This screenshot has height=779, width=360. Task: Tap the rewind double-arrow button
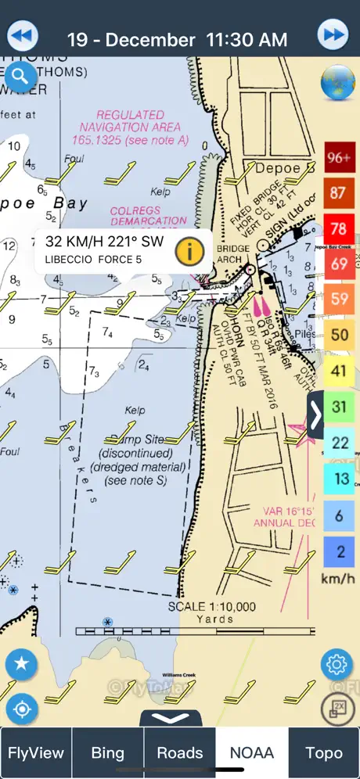point(23,36)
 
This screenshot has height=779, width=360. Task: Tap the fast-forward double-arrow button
point(333,35)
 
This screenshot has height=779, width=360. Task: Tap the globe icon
point(338,81)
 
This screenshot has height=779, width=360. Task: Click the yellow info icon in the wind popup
point(190,251)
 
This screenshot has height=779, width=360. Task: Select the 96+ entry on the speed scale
point(338,157)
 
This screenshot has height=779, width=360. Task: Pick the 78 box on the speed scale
point(338,228)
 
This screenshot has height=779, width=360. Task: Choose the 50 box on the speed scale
point(338,336)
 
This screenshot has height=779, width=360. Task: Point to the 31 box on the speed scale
point(338,407)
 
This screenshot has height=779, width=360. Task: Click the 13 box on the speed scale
point(338,479)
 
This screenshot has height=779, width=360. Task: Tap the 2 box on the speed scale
point(338,550)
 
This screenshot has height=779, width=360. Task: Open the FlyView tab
point(36,752)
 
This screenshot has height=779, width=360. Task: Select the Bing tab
point(108,752)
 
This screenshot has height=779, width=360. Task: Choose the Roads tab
point(180,752)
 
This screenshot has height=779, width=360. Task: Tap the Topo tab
point(324,752)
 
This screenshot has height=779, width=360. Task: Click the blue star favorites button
point(22,665)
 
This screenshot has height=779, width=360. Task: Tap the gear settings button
point(337,665)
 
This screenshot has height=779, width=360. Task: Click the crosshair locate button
point(22,709)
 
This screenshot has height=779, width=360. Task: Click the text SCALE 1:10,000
point(212,606)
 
